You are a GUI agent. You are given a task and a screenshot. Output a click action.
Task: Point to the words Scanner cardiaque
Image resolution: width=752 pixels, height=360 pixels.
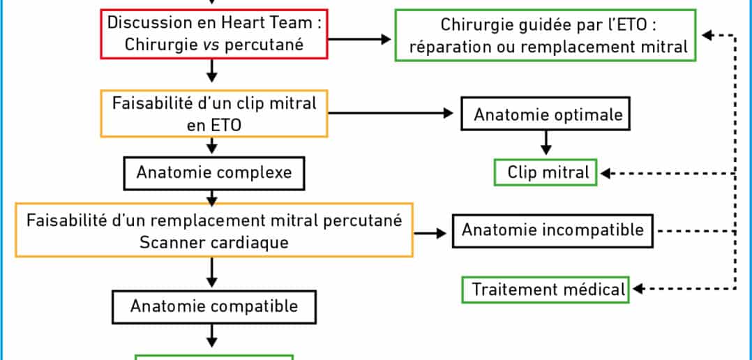214,242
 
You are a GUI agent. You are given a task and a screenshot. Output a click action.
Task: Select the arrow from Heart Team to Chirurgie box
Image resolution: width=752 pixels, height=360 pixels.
360,39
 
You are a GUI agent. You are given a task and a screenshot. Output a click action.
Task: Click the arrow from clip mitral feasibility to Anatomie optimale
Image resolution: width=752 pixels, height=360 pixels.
391,113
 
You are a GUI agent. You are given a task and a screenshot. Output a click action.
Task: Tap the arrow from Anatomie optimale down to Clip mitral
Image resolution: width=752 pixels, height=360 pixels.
546,143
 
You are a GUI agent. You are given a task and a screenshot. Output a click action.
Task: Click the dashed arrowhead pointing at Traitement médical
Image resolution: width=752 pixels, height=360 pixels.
638,289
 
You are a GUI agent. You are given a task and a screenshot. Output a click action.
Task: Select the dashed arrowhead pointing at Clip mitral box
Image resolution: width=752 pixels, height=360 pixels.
606,173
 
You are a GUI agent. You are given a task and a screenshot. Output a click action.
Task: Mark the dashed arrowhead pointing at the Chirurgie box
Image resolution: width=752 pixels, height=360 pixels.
707,35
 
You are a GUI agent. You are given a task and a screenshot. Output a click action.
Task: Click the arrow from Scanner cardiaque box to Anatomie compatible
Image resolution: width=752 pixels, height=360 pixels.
211,272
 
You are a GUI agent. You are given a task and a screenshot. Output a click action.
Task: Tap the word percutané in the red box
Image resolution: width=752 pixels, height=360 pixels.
264,45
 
